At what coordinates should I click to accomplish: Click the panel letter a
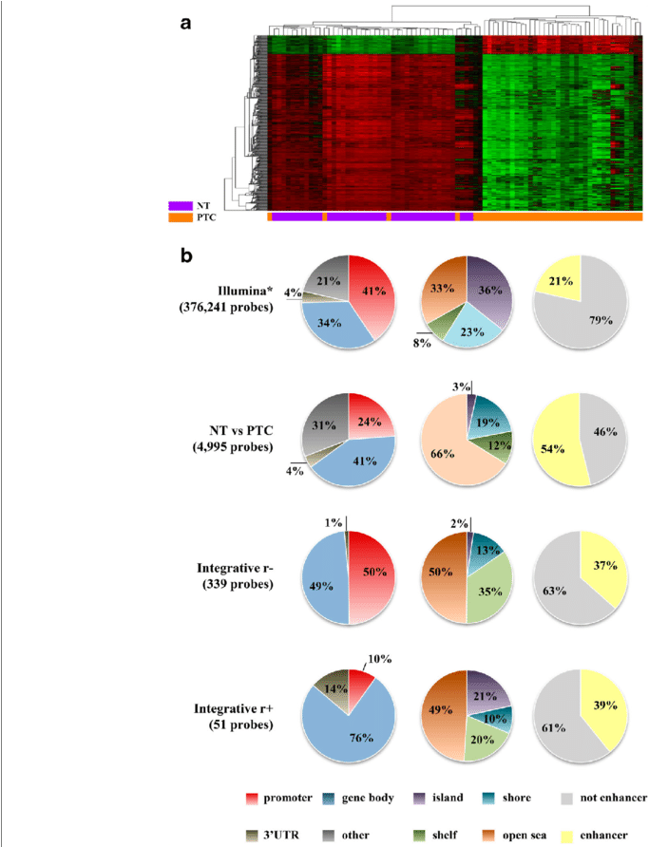(187, 22)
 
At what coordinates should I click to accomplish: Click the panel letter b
(188, 256)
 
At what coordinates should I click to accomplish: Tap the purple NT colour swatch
(181, 204)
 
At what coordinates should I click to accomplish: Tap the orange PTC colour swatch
(181, 217)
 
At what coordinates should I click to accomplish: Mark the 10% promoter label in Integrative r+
(378, 659)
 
